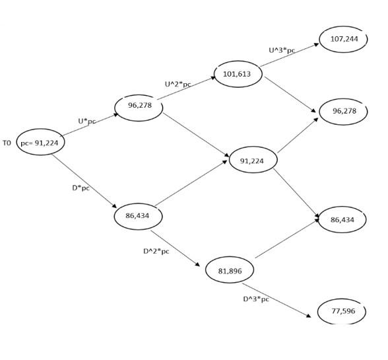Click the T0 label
7,143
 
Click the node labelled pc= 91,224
41,142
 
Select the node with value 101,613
238,74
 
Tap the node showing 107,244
343,39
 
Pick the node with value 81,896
230,270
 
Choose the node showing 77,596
342,311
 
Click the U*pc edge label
87,122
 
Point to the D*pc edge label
81,188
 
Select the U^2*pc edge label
178,85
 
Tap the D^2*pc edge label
156,251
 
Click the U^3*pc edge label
282,50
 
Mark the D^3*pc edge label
256,299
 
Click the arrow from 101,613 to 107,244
290,55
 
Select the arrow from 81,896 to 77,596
276,301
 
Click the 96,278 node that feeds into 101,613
139,108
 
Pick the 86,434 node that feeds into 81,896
138,216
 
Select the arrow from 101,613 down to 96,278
290,94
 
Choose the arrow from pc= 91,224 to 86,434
84,182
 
